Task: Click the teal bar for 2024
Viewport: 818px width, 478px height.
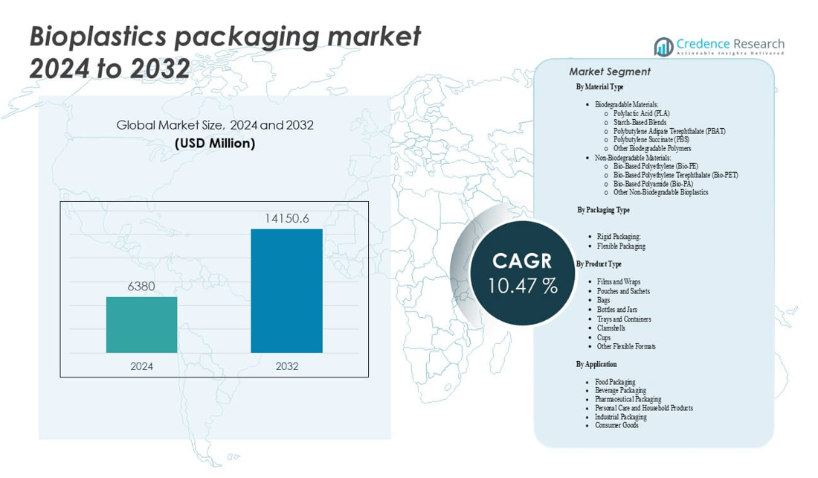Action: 141,325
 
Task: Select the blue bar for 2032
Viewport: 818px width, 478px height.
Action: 286,290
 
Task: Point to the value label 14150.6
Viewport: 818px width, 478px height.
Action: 286,217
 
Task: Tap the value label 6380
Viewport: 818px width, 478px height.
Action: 141,286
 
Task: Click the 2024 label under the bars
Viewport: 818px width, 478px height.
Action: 141,366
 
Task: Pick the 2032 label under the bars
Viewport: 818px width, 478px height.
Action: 286,366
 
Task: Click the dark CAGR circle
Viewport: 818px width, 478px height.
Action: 522,273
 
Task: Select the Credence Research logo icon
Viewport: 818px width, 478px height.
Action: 663,47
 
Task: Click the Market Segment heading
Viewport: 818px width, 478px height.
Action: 609,72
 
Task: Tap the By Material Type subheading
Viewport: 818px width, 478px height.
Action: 599,87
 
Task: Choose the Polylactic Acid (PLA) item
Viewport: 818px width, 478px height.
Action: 641,113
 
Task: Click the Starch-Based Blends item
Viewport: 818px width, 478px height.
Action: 640,122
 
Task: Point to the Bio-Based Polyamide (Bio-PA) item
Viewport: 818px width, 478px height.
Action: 653,183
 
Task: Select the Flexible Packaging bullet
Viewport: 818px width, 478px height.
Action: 621,246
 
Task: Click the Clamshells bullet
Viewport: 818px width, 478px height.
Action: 611,328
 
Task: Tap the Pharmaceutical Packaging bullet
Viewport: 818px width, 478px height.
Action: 628,399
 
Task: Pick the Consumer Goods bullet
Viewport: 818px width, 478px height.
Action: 616,425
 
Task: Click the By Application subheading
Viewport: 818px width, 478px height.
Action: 596,364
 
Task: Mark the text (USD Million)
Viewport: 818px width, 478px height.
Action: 215,143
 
